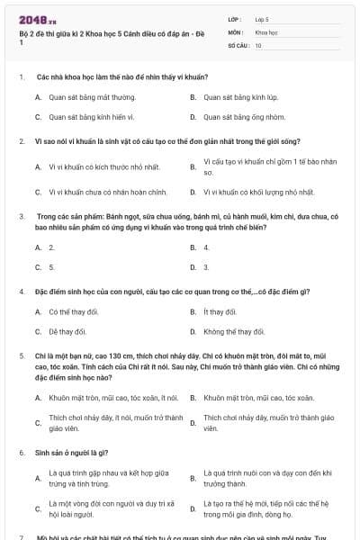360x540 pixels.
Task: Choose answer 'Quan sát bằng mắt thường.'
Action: click(92, 96)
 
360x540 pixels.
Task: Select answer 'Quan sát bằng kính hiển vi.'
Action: click(91, 117)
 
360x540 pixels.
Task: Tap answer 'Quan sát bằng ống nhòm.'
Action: click(244, 117)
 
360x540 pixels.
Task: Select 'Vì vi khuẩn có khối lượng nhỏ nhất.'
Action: click(258, 192)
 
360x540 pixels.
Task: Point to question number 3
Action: click(22, 217)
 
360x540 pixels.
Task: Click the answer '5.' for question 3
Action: click(51, 267)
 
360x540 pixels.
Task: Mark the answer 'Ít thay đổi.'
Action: click(220, 312)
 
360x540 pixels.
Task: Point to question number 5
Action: click(22, 356)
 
